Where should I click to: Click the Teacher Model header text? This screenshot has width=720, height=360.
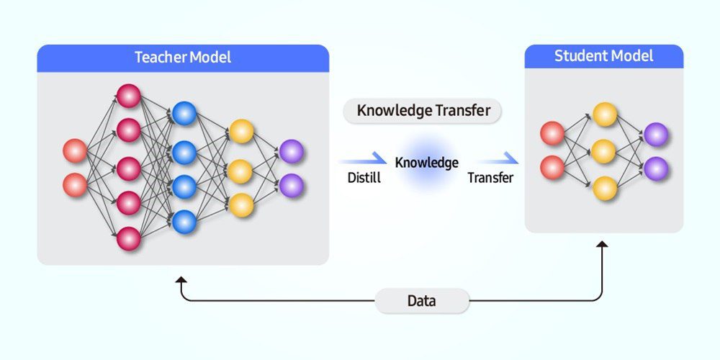pyautogui.click(x=183, y=58)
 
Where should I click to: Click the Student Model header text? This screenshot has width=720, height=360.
pyautogui.click(x=603, y=56)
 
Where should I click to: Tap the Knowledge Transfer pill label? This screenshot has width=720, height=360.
pyautogui.click(x=423, y=111)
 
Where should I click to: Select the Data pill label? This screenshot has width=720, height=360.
pyautogui.click(x=421, y=301)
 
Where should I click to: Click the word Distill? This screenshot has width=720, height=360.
pyautogui.click(x=359, y=178)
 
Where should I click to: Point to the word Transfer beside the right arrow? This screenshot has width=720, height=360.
pyautogui.click(x=490, y=178)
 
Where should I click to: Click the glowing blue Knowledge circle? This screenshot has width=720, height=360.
pyautogui.click(x=426, y=164)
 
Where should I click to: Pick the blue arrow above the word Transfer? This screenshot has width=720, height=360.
pyautogui.click(x=498, y=160)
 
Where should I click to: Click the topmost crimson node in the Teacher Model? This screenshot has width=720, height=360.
pyautogui.click(x=129, y=96)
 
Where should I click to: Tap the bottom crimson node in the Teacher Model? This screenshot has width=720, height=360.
pyautogui.click(x=129, y=238)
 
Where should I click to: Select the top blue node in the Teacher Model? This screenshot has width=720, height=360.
pyautogui.click(x=184, y=113)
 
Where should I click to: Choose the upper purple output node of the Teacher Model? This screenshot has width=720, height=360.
pyautogui.click(x=292, y=151)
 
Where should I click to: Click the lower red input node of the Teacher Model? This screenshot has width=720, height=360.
pyautogui.click(x=75, y=184)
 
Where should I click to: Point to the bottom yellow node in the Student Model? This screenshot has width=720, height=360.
pyautogui.click(x=605, y=188)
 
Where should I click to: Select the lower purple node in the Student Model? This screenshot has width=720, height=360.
pyautogui.click(x=656, y=168)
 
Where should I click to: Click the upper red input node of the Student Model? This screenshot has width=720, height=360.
pyautogui.click(x=552, y=133)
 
